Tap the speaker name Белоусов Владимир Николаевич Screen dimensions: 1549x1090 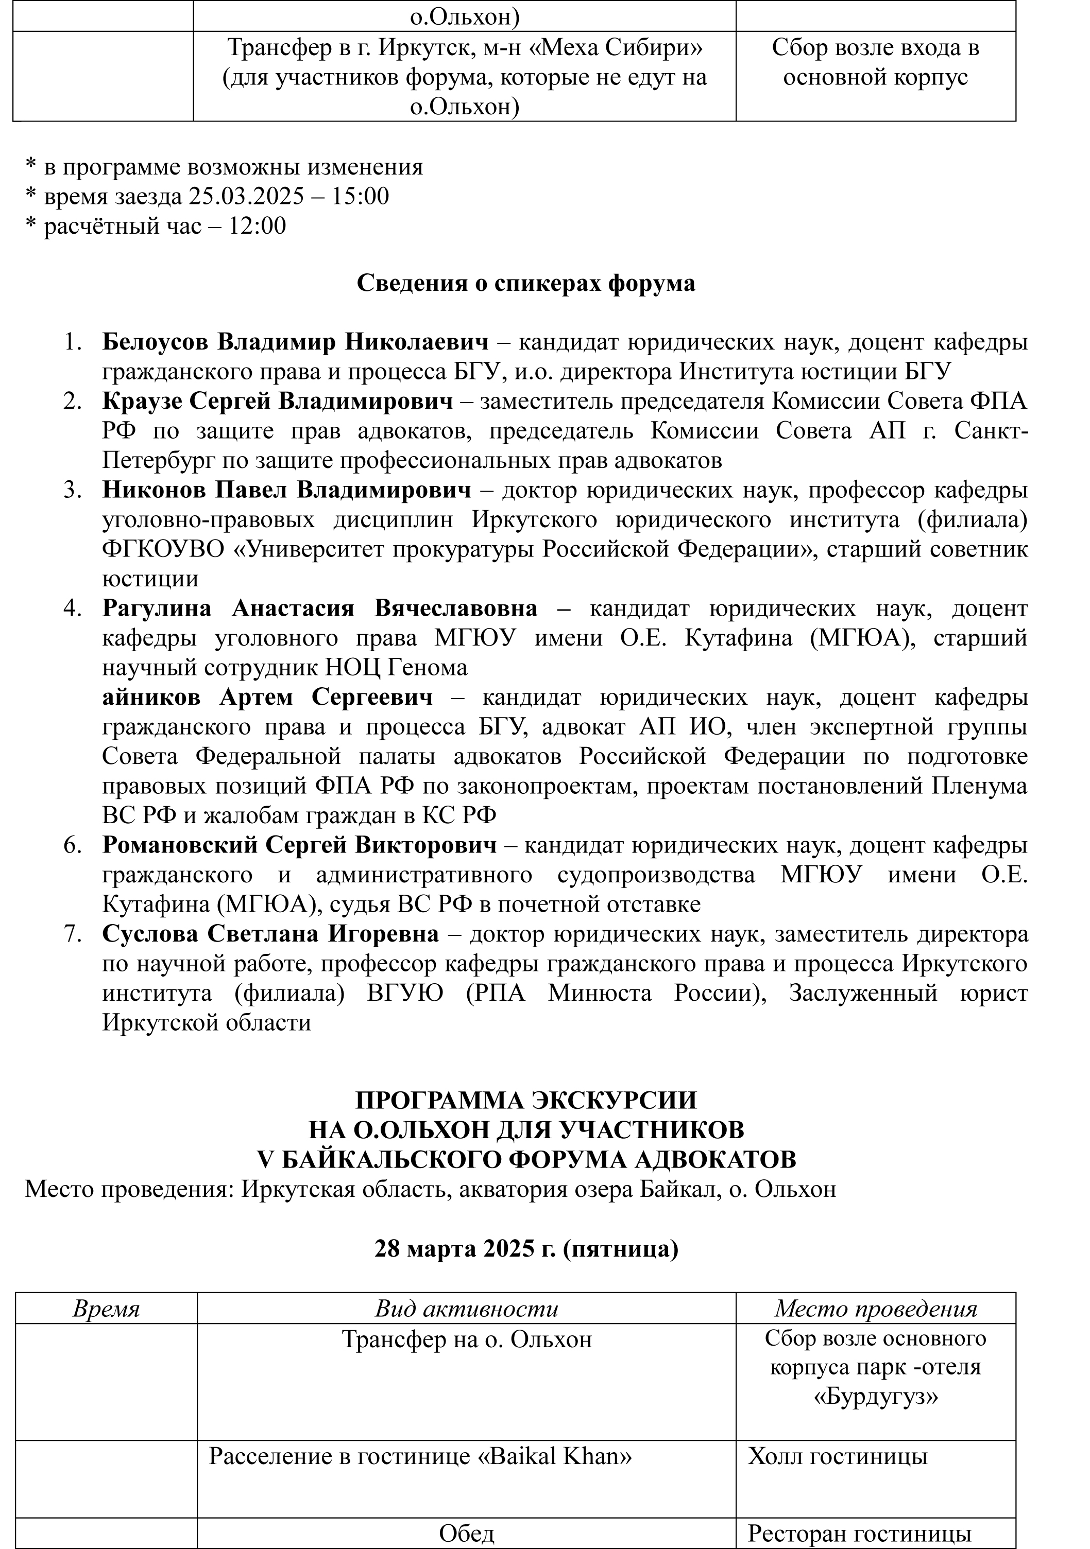pos(295,343)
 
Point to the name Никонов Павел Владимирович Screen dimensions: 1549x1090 pos(287,491)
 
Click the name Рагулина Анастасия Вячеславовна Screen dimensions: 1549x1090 pos(320,608)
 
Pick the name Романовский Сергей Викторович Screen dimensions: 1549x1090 pos(299,845)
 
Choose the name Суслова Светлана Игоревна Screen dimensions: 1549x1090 pos(270,934)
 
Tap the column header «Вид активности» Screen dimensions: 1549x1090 pos(466,1309)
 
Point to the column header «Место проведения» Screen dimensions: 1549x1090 pos(875,1309)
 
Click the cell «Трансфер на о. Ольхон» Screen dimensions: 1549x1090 pos(466,1339)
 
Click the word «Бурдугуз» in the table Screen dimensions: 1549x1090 pos(875,1397)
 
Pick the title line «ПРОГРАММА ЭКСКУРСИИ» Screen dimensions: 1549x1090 pos(526,1100)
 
